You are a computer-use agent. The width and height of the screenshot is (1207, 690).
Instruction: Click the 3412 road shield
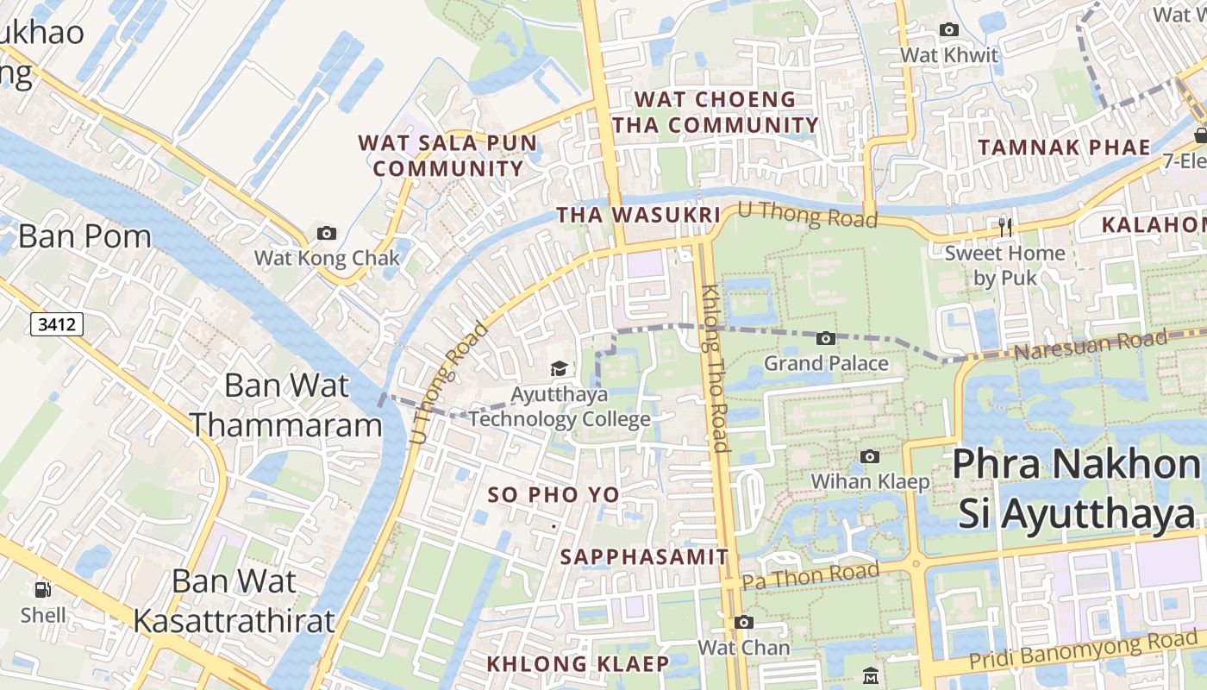pos(58,324)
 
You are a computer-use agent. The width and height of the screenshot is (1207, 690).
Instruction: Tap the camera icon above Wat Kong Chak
pos(327,233)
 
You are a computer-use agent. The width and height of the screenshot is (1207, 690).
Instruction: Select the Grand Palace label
pos(826,363)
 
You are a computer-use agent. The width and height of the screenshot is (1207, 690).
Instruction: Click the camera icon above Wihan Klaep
pos(870,456)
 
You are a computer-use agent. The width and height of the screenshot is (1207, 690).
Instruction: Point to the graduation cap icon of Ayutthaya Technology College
pos(559,369)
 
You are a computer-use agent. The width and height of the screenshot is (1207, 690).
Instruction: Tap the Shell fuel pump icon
pos(43,590)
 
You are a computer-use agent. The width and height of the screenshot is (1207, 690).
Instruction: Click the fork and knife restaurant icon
pos(1004,228)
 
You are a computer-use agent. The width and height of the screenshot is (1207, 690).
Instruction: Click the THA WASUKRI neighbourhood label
pos(638,215)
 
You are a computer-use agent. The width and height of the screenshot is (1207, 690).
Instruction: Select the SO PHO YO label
pos(553,495)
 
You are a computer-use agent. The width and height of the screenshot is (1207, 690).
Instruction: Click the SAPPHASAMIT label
pos(645,557)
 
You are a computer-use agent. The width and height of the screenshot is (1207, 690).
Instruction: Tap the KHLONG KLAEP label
pos(578,664)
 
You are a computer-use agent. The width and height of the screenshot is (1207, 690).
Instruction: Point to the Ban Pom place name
pos(84,236)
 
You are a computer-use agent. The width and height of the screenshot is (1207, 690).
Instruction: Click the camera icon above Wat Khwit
pos(948,30)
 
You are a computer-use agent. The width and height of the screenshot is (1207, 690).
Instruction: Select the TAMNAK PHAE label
pos(1064,147)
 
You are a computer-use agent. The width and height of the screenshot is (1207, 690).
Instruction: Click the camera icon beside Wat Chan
pos(743,622)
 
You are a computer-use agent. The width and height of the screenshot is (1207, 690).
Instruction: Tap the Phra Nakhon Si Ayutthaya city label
pos(1077,490)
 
